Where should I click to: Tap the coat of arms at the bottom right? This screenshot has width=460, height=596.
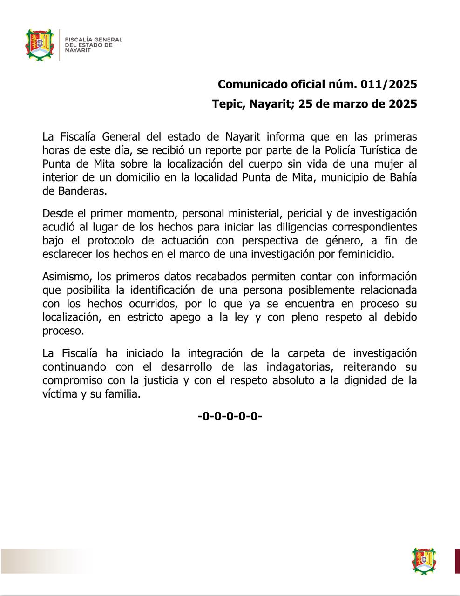click(424, 561)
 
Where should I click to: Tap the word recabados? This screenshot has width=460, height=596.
click(221, 276)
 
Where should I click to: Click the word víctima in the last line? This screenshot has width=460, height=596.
click(59, 394)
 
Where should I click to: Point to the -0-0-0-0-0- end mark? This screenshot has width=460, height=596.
click(230, 416)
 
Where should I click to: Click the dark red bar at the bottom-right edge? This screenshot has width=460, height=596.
click(457, 561)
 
